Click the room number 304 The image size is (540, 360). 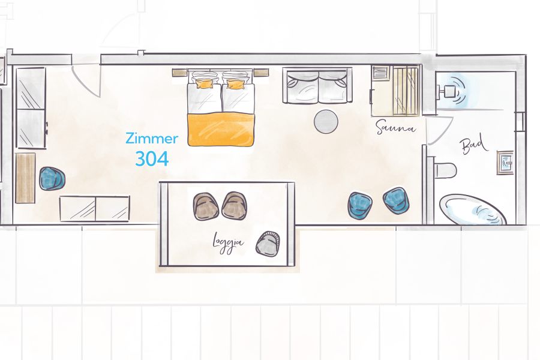[151, 158]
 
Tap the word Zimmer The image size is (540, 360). [152, 139]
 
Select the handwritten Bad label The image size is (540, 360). [474, 146]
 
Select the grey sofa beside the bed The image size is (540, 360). [316, 87]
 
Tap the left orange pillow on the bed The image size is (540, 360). [205, 83]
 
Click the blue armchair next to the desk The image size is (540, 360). [52, 179]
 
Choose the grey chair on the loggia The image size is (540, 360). [268, 243]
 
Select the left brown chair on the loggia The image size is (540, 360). [206, 206]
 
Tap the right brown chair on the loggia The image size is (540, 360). [234, 205]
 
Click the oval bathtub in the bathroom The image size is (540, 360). [473, 209]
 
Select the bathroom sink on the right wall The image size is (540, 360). [505, 162]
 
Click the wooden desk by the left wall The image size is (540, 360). [25, 178]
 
